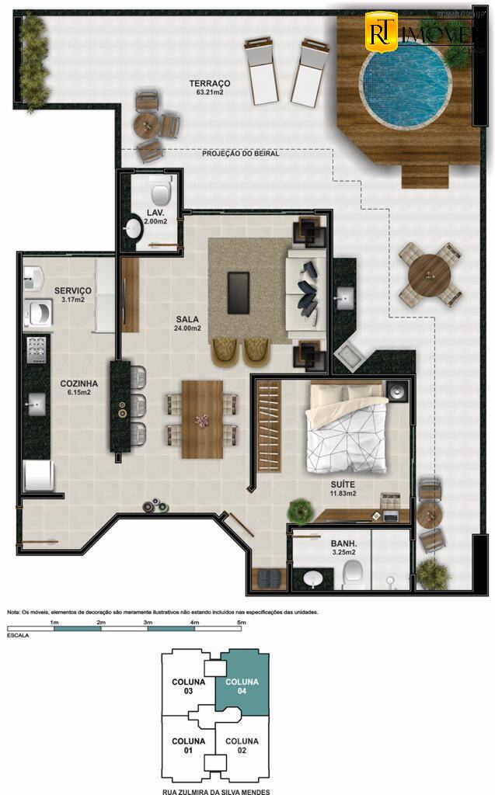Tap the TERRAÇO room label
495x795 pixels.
tap(210, 83)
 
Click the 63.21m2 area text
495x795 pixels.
tap(210, 94)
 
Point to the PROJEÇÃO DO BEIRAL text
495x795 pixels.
tap(240, 154)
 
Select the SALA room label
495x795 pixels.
tap(187, 319)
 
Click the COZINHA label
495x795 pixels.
tap(78, 384)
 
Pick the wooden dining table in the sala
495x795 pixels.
tap(202, 419)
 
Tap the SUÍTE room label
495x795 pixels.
tap(342, 484)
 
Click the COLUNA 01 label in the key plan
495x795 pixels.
tap(188, 745)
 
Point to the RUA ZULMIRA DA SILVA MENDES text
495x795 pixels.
tap(215, 788)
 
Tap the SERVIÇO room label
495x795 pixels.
tap(73, 290)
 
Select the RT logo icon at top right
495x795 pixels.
tap(381, 33)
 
